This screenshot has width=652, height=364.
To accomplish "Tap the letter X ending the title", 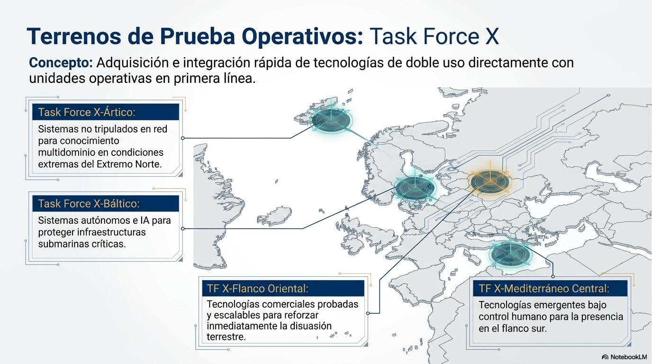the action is (x=491, y=36).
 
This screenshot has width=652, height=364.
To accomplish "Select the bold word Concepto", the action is (x=61, y=63).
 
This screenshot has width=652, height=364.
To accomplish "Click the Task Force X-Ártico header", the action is (x=87, y=112).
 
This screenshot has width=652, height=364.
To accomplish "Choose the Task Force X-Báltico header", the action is (x=89, y=203).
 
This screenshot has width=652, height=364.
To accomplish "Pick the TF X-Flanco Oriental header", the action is (x=257, y=288).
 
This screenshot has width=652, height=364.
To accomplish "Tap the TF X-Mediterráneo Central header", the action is (x=544, y=288).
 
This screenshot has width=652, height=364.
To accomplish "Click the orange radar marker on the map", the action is (x=490, y=182).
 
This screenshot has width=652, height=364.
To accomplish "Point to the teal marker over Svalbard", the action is (x=332, y=120).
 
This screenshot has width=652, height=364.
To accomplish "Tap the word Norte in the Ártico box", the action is (x=148, y=164).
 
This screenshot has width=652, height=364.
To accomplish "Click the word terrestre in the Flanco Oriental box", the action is (x=226, y=337).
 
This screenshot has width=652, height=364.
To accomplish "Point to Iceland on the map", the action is (x=274, y=216).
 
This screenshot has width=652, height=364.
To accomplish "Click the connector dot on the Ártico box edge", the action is (x=183, y=138).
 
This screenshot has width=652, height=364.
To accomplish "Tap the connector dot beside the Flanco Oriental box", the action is (x=368, y=313).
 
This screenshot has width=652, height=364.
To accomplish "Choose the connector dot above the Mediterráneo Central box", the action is (x=553, y=276).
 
